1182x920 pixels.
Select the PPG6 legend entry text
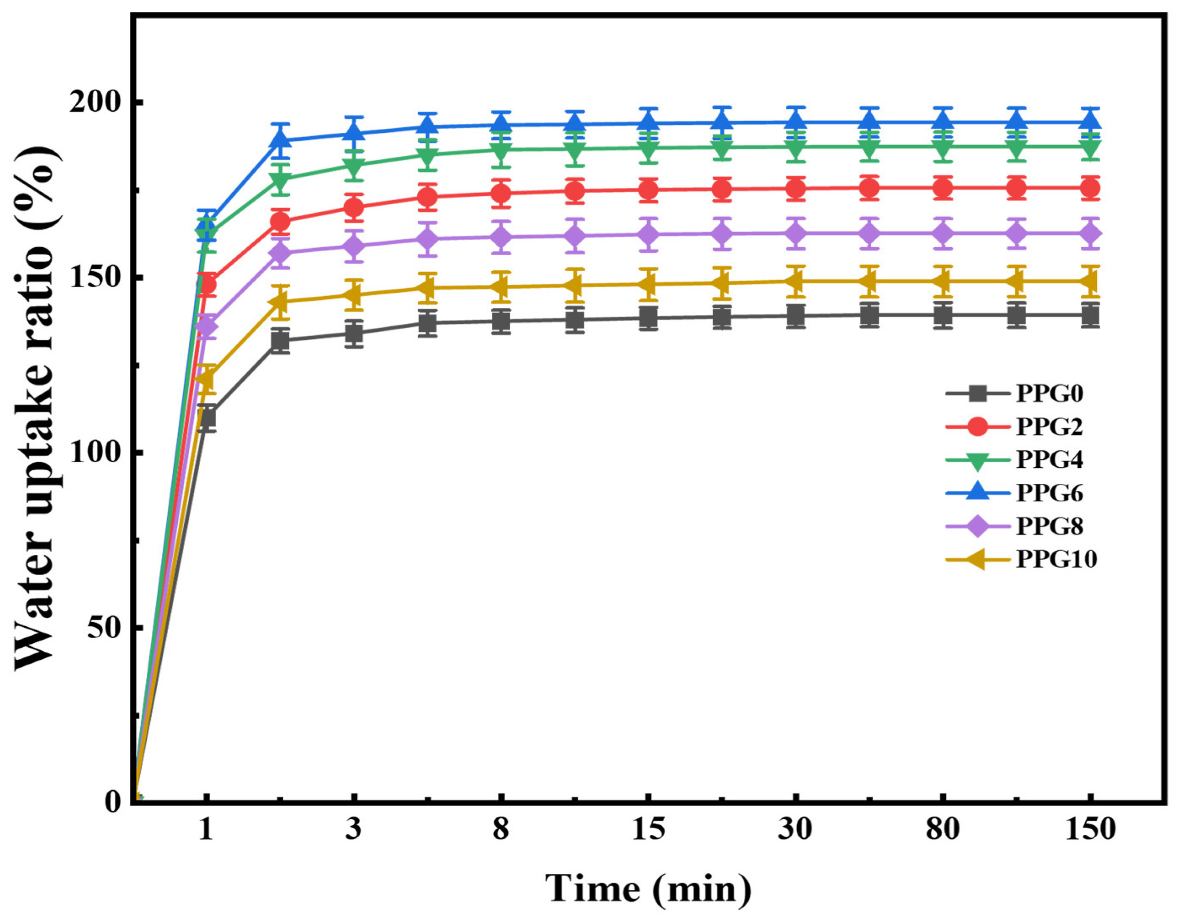pos(1049,493)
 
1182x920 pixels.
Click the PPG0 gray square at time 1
pos(206,418)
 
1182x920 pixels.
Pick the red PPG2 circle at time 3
pos(353,207)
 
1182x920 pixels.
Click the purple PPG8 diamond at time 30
pos(796,233)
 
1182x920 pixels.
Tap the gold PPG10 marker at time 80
pos(942,281)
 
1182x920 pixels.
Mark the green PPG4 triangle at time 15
pos(648,148)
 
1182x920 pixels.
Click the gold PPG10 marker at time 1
pos(205,379)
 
